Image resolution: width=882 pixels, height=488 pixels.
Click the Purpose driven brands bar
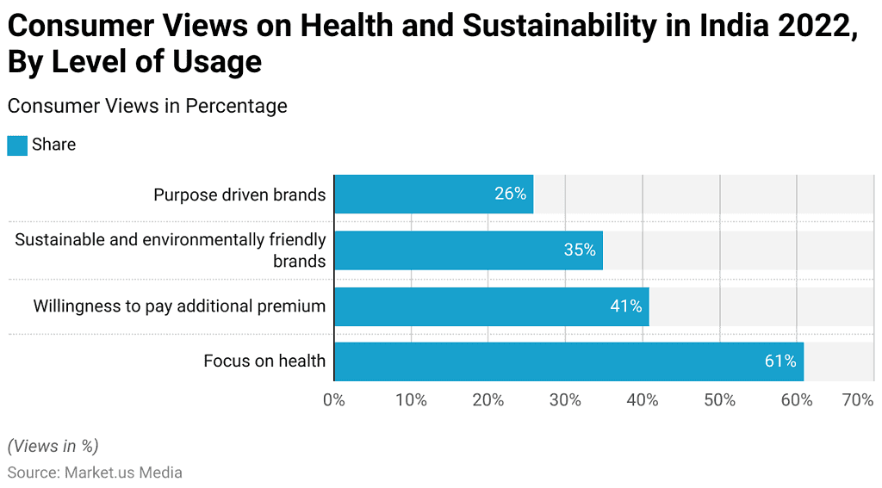(x=433, y=194)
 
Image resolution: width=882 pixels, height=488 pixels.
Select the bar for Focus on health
(x=568, y=361)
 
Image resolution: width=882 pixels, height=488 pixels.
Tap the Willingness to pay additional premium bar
(x=491, y=306)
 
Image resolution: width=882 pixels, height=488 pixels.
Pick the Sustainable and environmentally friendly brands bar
(x=468, y=250)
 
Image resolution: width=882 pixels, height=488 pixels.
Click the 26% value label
(x=510, y=195)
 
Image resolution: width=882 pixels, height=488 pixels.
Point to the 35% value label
(x=580, y=250)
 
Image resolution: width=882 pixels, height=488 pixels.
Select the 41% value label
(x=626, y=306)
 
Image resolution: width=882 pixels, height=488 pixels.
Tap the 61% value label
(x=780, y=361)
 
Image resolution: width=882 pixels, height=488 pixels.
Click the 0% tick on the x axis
(x=334, y=400)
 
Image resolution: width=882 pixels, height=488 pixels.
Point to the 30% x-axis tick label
(x=565, y=400)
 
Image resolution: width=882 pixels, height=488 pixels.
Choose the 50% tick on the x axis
(x=719, y=400)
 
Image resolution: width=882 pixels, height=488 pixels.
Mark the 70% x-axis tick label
(x=858, y=400)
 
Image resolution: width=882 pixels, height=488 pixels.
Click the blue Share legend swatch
(x=17, y=145)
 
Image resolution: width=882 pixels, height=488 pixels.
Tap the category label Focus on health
(x=264, y=361)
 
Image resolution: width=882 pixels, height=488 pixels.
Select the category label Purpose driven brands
(x=239, y=195)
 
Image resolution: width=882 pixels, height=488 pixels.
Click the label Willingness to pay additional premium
(x=179, y=306)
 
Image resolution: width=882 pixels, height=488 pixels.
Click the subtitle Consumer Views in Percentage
(x=147, y=106)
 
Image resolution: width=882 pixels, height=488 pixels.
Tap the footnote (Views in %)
(x=53, y=446)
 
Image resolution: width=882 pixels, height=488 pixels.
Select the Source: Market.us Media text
(x=95, y=473)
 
